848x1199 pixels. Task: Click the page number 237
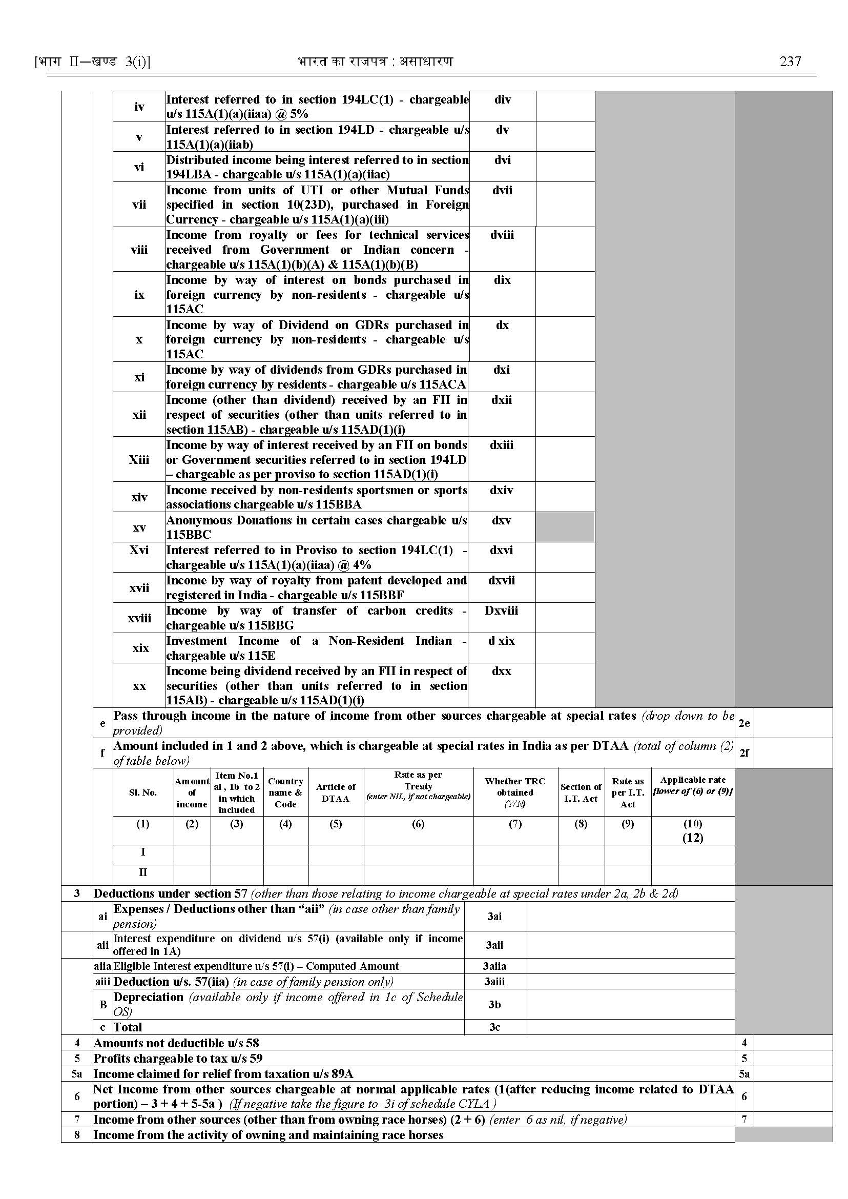tap(790, 62)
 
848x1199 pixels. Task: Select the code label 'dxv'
tap(501, 520)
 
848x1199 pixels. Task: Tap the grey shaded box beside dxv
tap(565, 526)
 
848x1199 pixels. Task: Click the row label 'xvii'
tap(139, 588)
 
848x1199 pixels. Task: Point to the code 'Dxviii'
tap(501, 610)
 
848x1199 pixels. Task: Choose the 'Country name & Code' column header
tap(285, 792)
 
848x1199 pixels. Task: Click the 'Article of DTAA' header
tap(336, 792)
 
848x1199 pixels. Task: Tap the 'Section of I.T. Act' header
tap(581, 792)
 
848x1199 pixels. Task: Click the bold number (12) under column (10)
tap(693, 838)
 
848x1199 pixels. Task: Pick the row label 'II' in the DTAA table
tap(143, 872)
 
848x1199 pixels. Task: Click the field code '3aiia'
tap(494, 966)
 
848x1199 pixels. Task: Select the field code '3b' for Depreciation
tap(494, 1004)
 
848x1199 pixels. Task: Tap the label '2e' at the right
tap(744, 723)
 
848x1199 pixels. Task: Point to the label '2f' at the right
tap(744, 753)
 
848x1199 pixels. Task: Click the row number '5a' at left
tap(77, 1073)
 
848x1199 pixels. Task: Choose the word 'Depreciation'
tap(148, 997)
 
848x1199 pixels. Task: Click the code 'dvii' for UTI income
tap(502, 190)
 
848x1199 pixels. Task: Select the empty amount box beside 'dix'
tap(565, 294)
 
